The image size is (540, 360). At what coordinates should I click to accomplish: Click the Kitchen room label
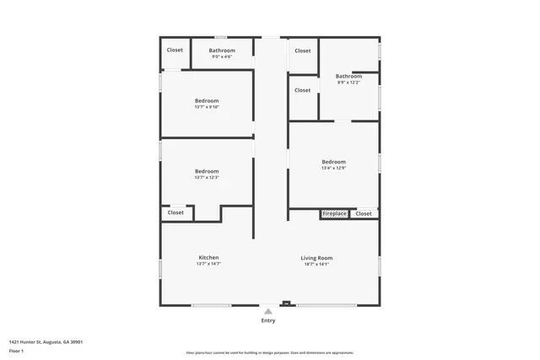pyautogui.click(x=208, y=257)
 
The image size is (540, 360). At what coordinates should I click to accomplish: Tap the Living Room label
pyautogui.click(x=316, y=257)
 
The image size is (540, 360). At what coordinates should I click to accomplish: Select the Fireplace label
pyautogui.click(x=334, y=214)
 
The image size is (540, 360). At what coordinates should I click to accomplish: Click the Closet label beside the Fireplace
pyautogui.click(x=363, y=214)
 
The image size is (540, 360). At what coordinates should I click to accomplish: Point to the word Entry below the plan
pyautogui.click(x=267, y=320)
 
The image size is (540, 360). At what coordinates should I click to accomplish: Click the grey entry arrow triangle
pyautogui.click(x=268, y=311)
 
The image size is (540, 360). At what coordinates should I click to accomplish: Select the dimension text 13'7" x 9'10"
pyautogui.click(x=207, y=107)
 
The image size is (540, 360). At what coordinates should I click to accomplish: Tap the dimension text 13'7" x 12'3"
pyautogui.click(x=207, y=177)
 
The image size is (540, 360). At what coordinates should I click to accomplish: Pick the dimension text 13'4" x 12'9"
pyautogui.click(x=333, y=168)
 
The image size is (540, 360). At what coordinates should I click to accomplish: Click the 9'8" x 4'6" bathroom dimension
pyautogui.click(x=222, y=56)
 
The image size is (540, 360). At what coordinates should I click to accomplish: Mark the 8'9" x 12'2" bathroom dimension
pyautogui.click(x=348, y=82)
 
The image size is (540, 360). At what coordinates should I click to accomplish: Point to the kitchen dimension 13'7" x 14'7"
pyautogui.click(x=208, y=264)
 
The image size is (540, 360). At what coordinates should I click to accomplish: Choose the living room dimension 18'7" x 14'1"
pyautogui.click(x=316, y=264)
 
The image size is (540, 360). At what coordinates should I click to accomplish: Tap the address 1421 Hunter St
pyautogui.click(x=46, y=341)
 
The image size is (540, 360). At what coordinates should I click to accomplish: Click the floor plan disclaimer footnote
pyautogui.click(x=269, y=352)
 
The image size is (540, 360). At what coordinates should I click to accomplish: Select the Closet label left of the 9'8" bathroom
pyautogui.click(x=175, y=50)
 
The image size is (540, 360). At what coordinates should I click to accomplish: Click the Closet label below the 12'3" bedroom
pyautogui.click(x=175, y=212)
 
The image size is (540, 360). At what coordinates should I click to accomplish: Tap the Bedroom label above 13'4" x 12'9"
pyautogui.click(x=333, y=161)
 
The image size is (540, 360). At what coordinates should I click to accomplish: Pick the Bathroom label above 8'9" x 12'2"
pyautogui.click(x=348, y=76)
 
